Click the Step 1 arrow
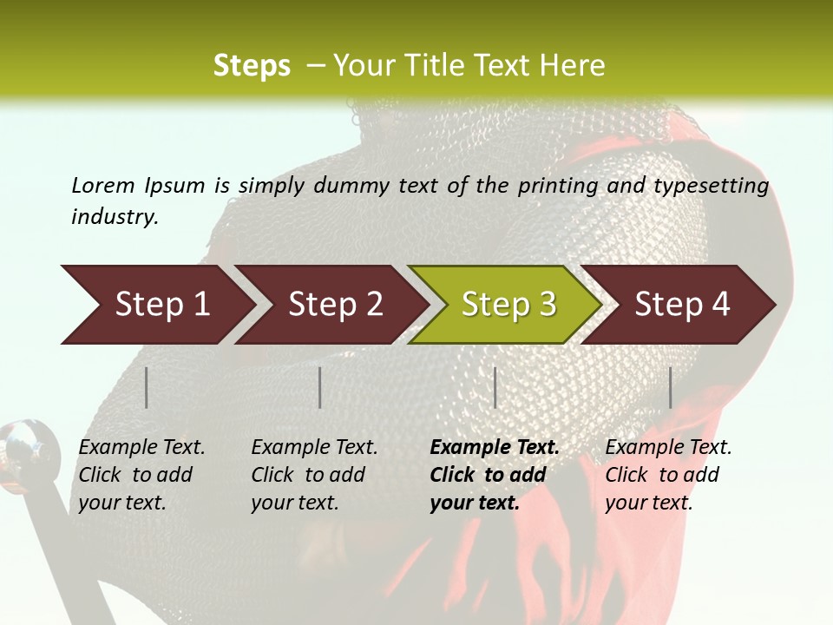pyautogui.click(x=161, y=304)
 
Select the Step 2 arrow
pyautogui.click(x=335, y=304)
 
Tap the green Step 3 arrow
pyautogui.click(x=508, y=304)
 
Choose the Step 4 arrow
pyautogui.click(x=682, y=304)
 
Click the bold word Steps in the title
pyautogui.click(x=252, y=66)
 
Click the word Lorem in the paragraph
pyautogui.click(x=102, y=185)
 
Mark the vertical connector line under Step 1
pyautogui.click(x=147, y=387)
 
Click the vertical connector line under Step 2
pyautogui.click(x=320, y=387)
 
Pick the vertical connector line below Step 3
pyautogui.click(x=495, y=387)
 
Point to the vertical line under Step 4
pyautogui.click(x=671, y=387)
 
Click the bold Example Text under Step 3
pyautogui.click(x=495, y=448)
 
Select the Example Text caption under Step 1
pyautogui.click(x=141, y=448)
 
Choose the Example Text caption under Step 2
pyautogui.click(x=314, y=448)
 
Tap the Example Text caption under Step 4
pyautogui.click(x=668, y=448)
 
